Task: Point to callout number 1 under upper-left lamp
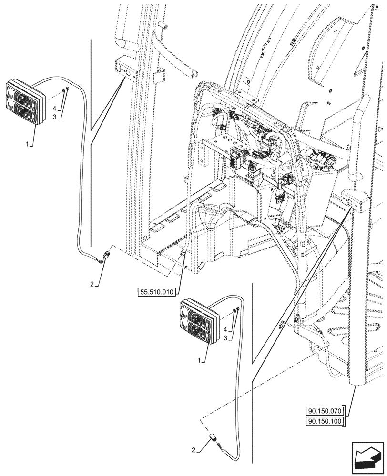[x=28, y=143]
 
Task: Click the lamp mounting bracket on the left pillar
[x=125, y=67]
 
